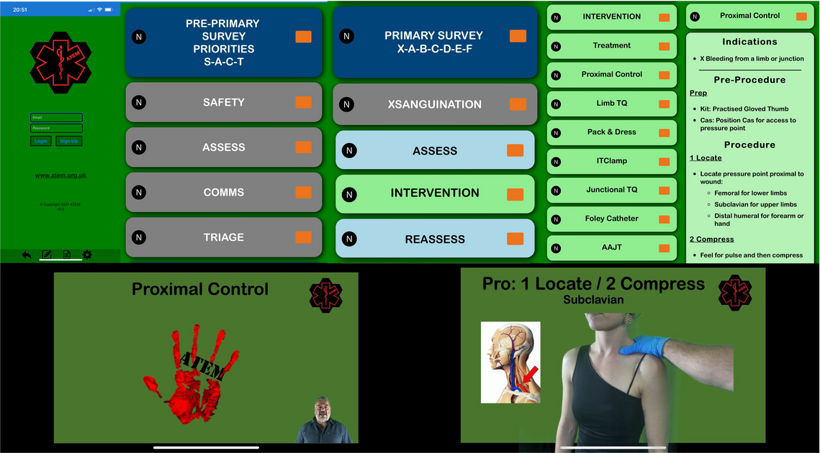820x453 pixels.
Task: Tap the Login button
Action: [x=41, y=141]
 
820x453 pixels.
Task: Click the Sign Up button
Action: [x=69, y=141]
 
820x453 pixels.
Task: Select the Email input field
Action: [x=56, y=117]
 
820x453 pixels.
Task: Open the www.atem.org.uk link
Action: [x=60, y=175]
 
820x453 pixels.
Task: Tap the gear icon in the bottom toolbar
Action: [x=87, y=255]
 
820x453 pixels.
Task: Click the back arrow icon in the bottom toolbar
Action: [x=27, y=255]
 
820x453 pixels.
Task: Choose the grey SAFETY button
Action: [x=223, y=103]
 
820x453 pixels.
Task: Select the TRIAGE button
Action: [x=223, y=237]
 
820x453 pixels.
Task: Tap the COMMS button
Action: [x=223, y=193]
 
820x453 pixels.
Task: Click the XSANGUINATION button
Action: [x=434, y=104]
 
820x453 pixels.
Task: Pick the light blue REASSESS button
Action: [x=434, y=239]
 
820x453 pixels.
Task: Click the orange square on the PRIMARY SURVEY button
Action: [x=518, y=36]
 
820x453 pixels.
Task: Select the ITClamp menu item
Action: [x=611, y=161]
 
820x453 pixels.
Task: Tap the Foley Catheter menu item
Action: [x=611, y=219]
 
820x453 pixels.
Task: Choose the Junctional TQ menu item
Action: [x=611, y=190]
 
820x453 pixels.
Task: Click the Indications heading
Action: [x=749, y=42]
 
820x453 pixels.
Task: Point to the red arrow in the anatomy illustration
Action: [x=530, y=375]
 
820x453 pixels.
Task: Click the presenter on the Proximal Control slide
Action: [x=323, y=421]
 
